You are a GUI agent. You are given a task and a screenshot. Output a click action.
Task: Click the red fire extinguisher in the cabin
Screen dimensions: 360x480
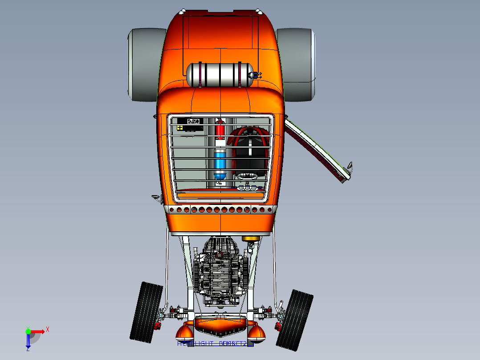tap(220, 131)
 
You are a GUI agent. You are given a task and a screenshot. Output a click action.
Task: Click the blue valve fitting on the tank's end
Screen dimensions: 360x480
tap(256, 75)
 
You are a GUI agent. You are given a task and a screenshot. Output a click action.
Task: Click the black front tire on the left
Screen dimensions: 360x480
tap(146, 311)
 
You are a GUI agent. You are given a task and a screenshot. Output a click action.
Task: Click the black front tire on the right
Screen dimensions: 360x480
tap(295, 319)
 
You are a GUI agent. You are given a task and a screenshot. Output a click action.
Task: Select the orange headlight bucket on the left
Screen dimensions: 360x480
tap(185, 331)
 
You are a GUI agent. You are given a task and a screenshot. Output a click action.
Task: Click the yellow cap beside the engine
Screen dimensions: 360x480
tap(251, 238)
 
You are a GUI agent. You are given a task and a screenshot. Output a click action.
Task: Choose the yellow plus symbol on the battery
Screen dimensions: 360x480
tap(179, 128)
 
